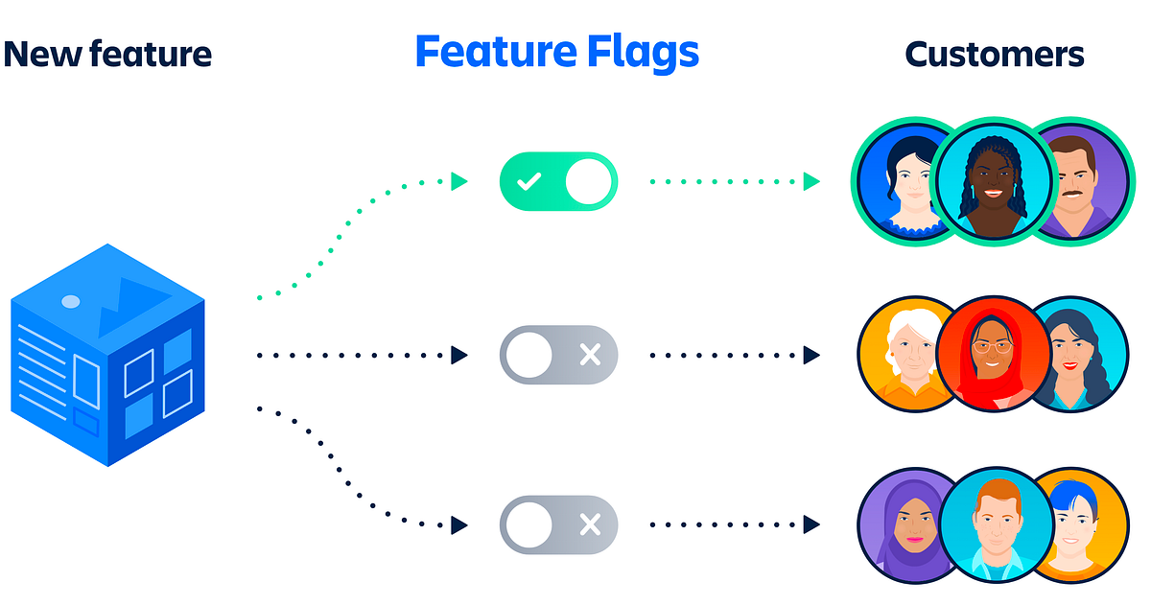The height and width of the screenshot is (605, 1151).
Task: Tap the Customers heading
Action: coord(994,54)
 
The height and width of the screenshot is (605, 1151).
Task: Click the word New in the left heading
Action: coord(38,54)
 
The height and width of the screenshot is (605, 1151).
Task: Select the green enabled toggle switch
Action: coord(558,180)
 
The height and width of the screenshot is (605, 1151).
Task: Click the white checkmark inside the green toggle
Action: coord(528,181)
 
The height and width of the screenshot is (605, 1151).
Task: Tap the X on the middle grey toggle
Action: coord(590,356)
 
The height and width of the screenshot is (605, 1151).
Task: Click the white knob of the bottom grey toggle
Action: coord(529,524)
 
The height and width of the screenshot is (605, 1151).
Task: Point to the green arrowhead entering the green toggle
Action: coord(459,180)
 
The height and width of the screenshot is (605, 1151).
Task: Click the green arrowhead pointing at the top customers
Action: coord(811,180)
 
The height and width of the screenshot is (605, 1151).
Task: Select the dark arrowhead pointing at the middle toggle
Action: coord(459,356)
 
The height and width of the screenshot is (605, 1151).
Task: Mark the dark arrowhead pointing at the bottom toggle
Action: coord(459,524)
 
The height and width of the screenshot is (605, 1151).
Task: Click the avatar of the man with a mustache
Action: coord(1076,182)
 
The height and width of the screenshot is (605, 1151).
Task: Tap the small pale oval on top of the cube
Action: coord(70,302)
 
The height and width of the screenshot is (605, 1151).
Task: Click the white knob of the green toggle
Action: coord(588,181)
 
